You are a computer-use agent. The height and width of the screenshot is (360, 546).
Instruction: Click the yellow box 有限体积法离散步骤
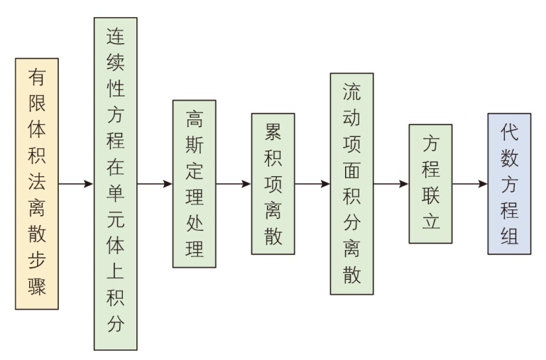[x=36, y=184]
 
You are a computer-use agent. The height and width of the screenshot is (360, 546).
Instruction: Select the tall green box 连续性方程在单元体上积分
[x=115, y=184]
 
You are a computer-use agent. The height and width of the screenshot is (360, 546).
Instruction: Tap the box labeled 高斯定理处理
[x=194, y=184]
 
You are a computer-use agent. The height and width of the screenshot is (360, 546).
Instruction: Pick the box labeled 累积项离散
[x=273, y=184]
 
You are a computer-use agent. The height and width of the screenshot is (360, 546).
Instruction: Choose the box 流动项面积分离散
[x=351, y=184]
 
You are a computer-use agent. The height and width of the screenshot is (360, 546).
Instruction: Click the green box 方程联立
[x=430, y=184]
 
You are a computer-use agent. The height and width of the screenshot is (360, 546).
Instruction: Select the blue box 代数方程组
[x=509, y=184]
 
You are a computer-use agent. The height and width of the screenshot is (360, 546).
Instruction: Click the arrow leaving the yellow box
[x=76, y=184]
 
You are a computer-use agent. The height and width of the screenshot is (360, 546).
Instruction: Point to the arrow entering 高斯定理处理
[x=155, y=184]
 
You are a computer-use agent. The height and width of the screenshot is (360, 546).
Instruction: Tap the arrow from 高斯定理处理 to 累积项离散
[x=234, y=184]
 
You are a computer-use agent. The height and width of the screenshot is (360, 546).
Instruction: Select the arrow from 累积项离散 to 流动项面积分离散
[x=312, y=184]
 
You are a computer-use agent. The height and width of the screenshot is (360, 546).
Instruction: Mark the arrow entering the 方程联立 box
[x=391, y=184]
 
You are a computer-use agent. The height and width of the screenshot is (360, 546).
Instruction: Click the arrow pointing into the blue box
[x=470, y=184]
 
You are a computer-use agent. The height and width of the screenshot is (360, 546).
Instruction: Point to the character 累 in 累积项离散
[x=273, y=131]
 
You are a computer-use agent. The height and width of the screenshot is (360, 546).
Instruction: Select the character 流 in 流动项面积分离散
[x=351, y=92]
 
